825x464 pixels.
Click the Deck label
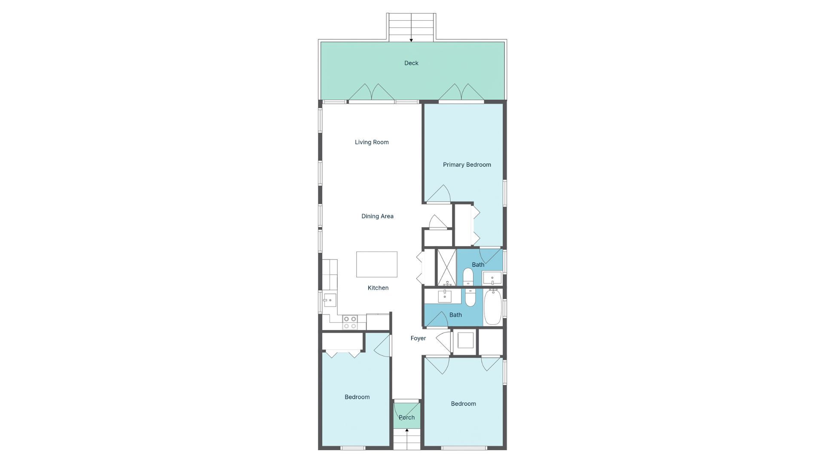point(411,63)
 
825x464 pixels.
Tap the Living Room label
point(372,142)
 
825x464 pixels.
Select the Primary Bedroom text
point(467,165)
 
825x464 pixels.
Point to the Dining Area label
point(377,216)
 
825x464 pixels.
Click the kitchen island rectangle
point(376,264)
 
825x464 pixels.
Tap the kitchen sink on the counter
point(330,300)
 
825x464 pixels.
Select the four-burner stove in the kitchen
point(350,323)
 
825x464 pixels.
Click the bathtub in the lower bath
point(493,307)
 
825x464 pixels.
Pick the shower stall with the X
point(446,267)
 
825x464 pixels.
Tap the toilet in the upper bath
point(468,277)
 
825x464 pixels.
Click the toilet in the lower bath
point(471,297)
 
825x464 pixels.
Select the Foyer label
point(418,339)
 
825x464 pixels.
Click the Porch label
point(406,418)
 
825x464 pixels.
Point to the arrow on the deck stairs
point(411,40)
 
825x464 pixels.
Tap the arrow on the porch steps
point(406,430)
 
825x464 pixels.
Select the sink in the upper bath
point(492,278)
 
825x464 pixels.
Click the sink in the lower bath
point(444,296)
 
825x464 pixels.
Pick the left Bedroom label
point(357,397)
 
